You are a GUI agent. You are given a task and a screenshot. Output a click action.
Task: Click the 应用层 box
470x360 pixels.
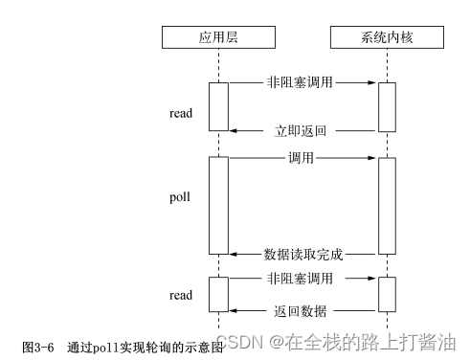pos(218,38)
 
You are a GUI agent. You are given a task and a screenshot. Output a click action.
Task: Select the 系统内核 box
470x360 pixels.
pos(386,38)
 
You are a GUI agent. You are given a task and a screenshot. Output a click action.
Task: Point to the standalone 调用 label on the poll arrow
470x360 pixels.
pos(302,155)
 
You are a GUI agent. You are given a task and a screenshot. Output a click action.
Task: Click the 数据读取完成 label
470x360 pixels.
pos(303,256)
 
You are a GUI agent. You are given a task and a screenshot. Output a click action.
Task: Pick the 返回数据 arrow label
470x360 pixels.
pos(303,310)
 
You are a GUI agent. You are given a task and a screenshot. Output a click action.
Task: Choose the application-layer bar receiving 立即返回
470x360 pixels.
pos(218,105)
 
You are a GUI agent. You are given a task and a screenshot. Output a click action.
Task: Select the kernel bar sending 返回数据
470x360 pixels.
pos(386,295)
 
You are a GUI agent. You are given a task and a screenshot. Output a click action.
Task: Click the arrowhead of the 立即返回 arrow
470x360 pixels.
pos(233,129)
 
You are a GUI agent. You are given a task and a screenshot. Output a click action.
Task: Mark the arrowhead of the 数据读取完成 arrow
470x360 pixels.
pos(233,256)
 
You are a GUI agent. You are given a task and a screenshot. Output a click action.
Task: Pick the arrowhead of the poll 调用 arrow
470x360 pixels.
pos(371,155)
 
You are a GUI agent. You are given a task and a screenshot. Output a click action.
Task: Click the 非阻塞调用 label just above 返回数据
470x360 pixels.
pos(302,278)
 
